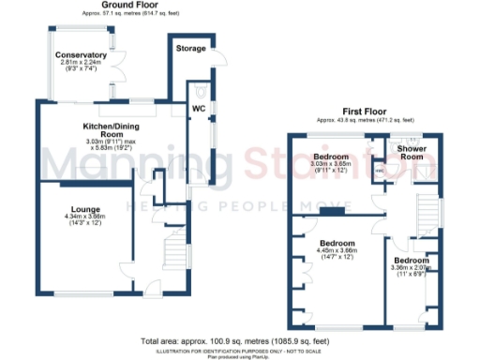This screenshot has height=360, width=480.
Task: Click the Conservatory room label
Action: tap(80, 55)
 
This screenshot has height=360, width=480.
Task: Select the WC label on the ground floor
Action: tap(198, 108)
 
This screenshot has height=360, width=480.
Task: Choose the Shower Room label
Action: tap(412, 153)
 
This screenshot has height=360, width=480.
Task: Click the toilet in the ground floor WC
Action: tap(202, 93)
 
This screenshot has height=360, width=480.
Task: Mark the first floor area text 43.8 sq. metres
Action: tap(357, 121)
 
